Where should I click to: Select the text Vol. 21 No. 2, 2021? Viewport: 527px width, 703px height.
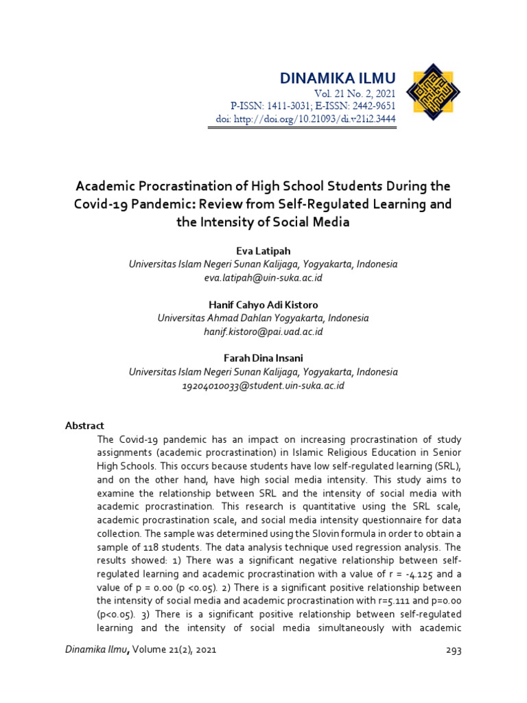tap(355, 93)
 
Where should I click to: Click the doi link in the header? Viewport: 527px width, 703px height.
tap(303, 119)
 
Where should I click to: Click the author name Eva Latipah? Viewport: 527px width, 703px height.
tap(263, 251)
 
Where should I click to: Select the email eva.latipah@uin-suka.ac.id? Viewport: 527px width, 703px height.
tap(263, 277)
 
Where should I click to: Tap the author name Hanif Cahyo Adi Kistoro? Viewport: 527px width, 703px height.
tap(263, 304)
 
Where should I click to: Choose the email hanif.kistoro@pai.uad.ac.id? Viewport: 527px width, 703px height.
tap(263, 332)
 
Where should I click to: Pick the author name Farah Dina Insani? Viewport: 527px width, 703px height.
tap(263, 358)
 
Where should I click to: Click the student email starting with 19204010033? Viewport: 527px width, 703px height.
tap(263, 385)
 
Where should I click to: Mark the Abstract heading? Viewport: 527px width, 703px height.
tap(84, 426)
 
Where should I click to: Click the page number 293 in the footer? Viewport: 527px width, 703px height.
tap(453, 650)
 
